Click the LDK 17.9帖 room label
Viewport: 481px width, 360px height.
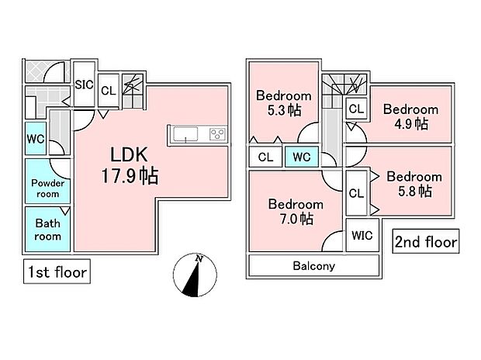(x=130, y=165)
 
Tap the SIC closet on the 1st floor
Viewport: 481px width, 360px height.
(x=84, y=84)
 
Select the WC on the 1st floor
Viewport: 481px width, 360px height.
(x=36, y=138)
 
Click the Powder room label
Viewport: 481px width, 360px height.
(x=48, y=189)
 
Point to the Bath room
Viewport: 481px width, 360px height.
(x=47, y=229)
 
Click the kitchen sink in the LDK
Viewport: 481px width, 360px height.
(x=185, y=134)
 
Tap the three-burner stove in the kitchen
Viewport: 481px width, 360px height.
(x=217, y=134)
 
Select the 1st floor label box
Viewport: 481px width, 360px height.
(x=57, y=272)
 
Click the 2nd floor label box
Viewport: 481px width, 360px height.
(x=426, y=241)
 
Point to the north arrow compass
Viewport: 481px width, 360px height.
(x=195, y=275)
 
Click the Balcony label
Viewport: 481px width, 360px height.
(x=314, y=266)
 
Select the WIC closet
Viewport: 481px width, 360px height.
(x=362, y=235)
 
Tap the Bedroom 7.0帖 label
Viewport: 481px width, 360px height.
(x=296, y=212)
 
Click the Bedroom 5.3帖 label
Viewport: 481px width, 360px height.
(x=284, y=103)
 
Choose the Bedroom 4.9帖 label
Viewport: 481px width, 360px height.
(x=411, y=116)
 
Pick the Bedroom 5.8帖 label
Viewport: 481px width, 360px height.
(x=414, y=184)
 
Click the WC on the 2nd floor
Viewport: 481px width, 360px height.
(x=302, y=157)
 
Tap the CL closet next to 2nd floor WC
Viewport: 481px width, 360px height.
(x=265, y=157)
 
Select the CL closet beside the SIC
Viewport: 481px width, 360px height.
(x=109, y=91)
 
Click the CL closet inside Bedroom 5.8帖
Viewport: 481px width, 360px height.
(x=356, y=193)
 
